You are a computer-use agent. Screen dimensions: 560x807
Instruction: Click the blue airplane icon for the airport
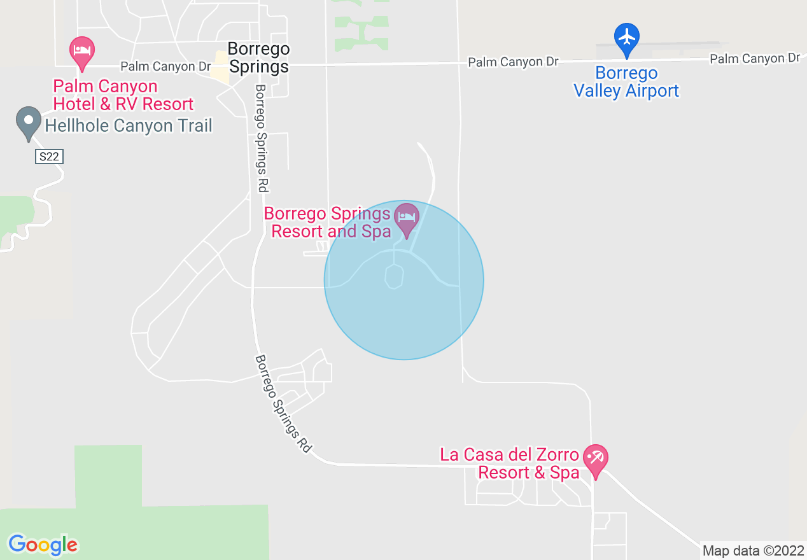(x=627, y=38)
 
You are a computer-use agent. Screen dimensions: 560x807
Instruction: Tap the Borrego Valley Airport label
(x=626, y=82)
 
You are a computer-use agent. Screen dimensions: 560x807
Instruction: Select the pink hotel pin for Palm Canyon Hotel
(x=81, y=52)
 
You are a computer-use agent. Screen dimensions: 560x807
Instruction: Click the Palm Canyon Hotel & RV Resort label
(x=123, y=95)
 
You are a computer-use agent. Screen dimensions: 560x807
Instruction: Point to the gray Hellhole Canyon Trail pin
(x=28, y=122)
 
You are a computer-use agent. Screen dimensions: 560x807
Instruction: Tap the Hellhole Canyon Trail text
(x=129, y=125)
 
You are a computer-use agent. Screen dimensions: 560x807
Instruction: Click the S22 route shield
(x=49, y=156)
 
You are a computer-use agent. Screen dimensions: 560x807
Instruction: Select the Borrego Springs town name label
(x=258, y=57)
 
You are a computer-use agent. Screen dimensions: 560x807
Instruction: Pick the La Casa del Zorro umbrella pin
(x=596, y=460)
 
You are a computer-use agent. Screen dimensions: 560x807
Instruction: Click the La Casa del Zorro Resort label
(x=510, y=464)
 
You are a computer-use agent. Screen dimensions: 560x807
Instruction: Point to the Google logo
(x=43, y=545)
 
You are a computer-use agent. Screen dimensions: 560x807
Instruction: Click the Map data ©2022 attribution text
(x=752, y=550)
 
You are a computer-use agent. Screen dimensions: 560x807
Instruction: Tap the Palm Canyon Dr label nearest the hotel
(x=165, y=66)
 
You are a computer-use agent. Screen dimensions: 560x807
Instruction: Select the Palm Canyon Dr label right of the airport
(x=755, y=59)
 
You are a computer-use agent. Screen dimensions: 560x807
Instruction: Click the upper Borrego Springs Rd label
(x=261, y=138)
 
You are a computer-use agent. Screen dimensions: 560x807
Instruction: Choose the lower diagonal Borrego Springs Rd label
(x=283, y=403)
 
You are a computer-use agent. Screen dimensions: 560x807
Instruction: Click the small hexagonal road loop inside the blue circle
(x=394, y=277)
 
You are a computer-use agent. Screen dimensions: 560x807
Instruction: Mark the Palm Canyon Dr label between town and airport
(x=513, y=62)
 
